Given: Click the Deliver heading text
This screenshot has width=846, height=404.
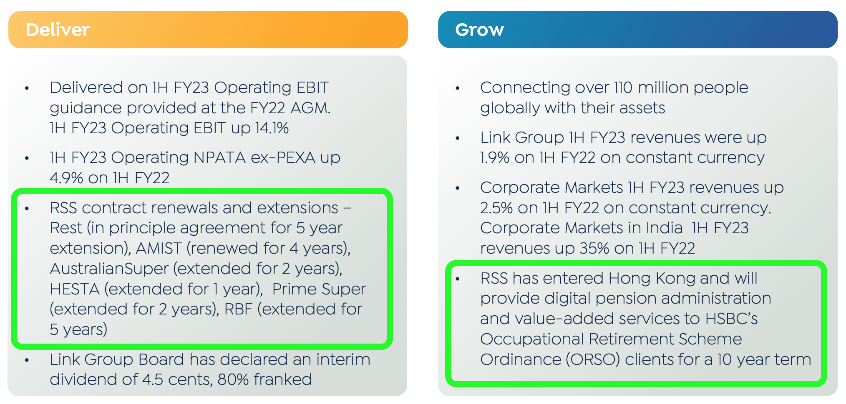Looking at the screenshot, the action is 58,30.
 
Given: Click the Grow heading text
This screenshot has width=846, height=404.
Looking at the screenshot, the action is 479,30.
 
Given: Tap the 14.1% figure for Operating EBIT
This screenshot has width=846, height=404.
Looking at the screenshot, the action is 272,128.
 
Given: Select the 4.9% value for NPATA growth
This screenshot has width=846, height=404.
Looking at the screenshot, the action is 66,178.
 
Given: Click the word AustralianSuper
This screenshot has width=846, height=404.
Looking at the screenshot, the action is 109,269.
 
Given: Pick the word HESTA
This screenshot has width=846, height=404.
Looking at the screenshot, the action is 74,289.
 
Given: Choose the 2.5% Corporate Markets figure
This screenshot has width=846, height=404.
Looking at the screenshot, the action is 496,208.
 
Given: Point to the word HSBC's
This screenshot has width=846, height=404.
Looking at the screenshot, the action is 731,319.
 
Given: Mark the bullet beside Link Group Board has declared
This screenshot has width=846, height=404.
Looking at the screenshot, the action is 27,360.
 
